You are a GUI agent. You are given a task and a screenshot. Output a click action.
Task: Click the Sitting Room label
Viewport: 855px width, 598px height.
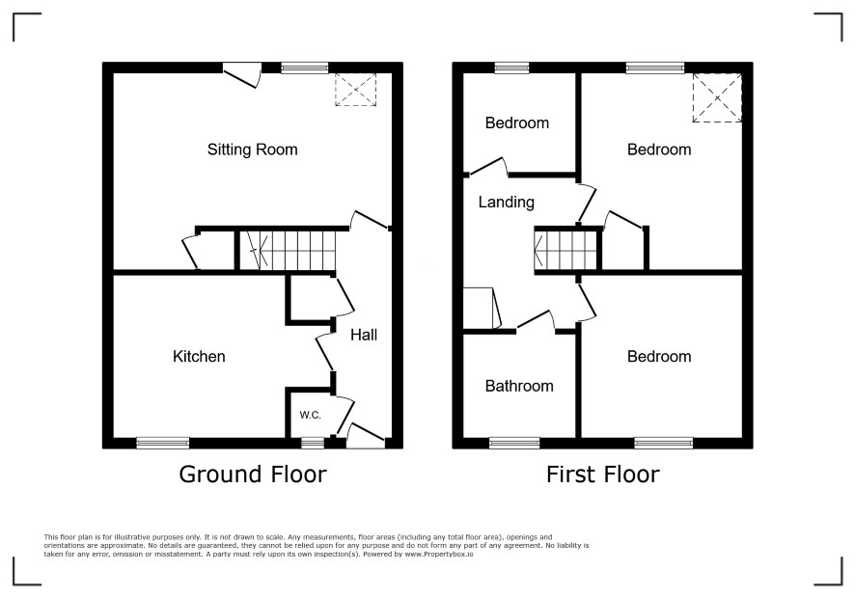pos(253,149)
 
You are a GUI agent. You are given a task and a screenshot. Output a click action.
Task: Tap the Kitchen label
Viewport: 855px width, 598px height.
pos(199,357)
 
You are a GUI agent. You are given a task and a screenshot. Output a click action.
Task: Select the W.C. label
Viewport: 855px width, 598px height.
pos(311,415)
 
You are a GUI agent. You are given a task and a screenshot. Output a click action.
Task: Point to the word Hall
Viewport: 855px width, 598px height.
pos(364,335)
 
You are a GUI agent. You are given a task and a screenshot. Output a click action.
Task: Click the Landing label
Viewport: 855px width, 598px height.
pos(506,203)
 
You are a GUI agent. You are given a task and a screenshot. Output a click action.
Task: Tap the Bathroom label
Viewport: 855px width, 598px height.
pos(519,386)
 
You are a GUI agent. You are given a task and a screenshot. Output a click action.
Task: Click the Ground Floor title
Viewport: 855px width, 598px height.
pos(253,475)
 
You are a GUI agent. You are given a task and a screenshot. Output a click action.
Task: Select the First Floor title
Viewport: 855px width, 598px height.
pos(603,475)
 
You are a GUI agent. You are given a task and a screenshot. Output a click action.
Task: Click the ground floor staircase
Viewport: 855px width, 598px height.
pos(287,250)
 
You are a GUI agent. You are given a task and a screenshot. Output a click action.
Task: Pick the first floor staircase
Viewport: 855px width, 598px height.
pos(567,250)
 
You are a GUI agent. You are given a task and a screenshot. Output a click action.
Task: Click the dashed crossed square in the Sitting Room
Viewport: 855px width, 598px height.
pos(355,90)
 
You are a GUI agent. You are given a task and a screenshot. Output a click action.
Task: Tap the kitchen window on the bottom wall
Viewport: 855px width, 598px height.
pos(162,443)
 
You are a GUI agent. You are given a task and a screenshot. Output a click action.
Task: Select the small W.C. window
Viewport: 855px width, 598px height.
pos(313,443)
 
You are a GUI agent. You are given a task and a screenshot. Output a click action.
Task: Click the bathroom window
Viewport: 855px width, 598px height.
pos(514,443)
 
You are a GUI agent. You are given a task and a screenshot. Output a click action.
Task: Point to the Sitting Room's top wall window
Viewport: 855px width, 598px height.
pos(305,68)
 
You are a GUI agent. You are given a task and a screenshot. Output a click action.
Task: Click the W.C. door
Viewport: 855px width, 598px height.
pos(344,416)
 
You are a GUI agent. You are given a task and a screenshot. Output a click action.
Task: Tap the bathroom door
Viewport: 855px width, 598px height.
pos(536,320)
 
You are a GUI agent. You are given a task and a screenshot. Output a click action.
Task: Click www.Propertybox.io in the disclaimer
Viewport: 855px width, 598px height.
pos(438,554)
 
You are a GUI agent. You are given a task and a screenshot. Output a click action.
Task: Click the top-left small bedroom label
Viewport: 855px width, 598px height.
pos(517,123)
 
